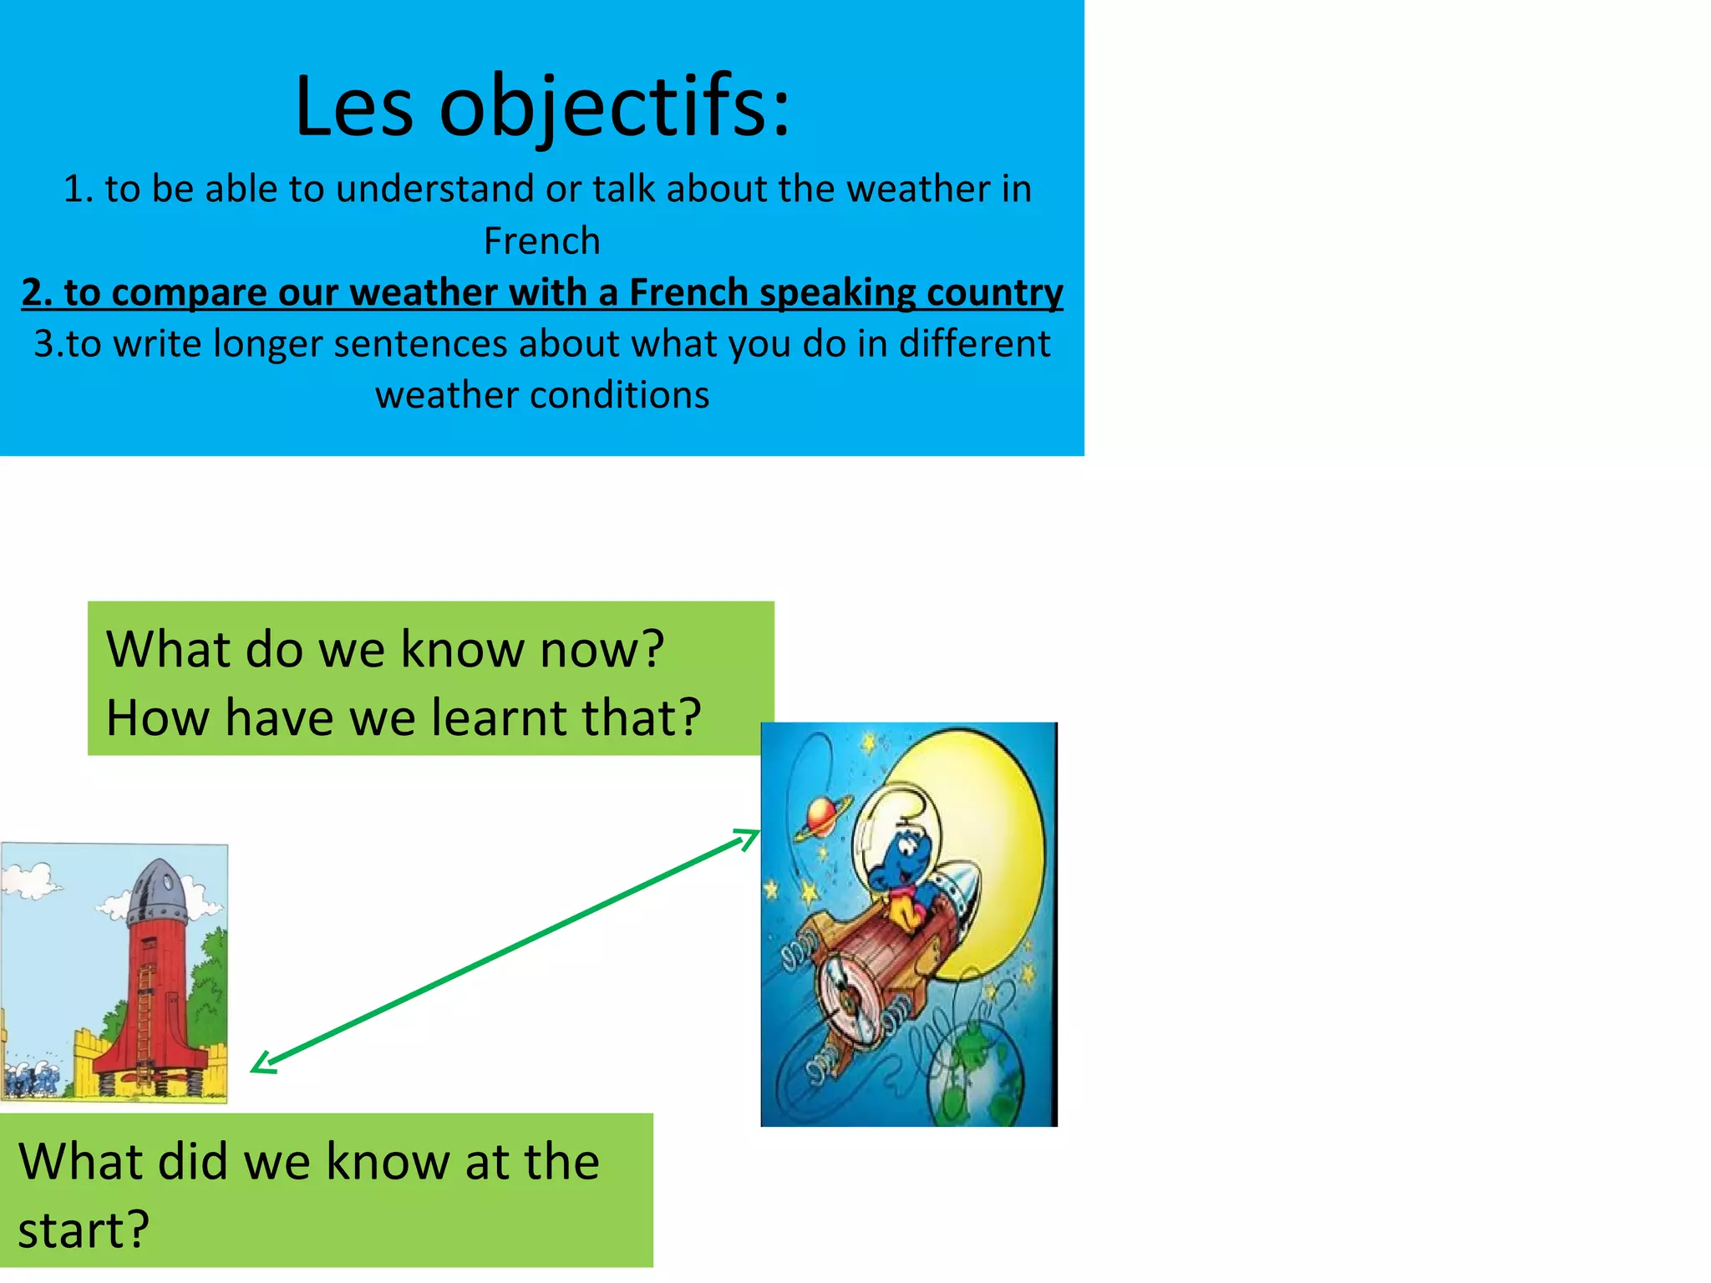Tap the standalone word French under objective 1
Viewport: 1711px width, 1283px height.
point(541,241)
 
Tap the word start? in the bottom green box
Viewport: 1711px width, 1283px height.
point(84,1230)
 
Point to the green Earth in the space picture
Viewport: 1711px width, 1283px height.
point(977,1078)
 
